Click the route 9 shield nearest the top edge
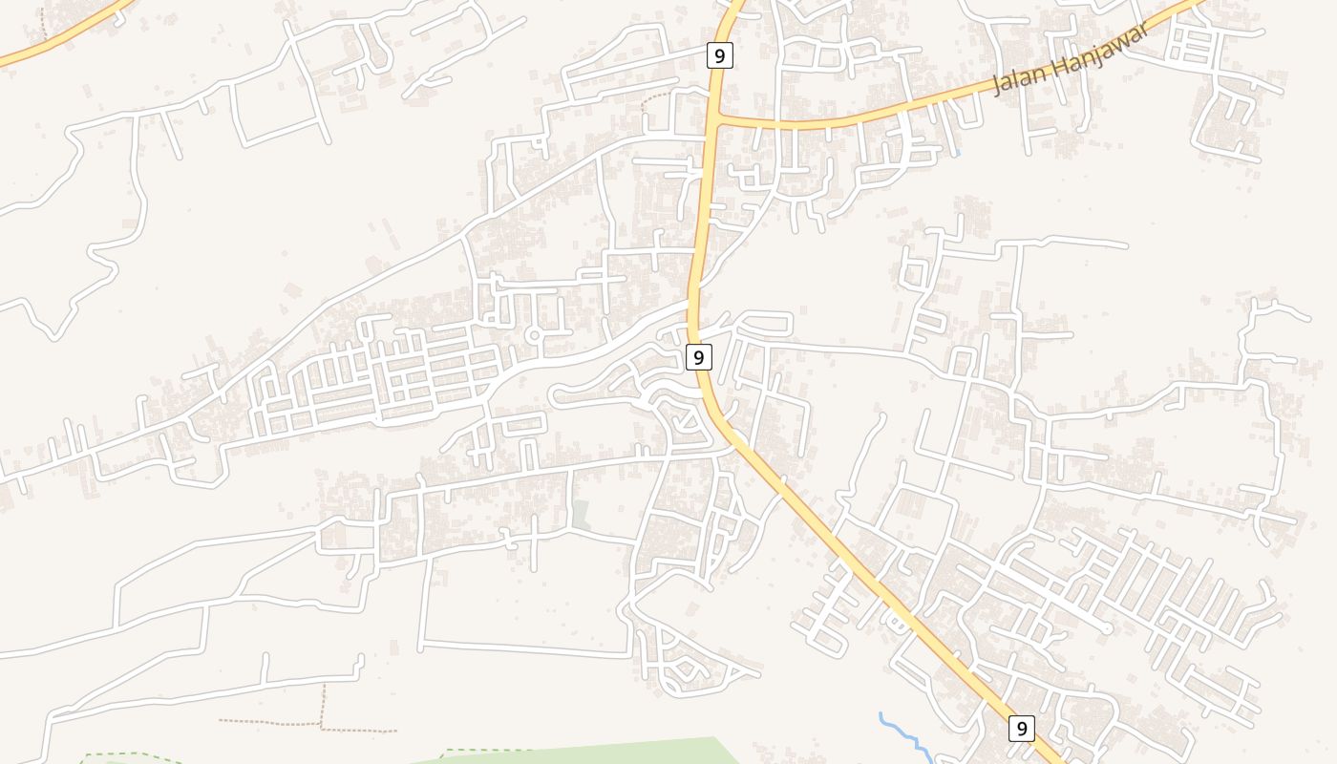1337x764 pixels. tap(719, 55)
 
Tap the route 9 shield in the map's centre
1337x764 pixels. tap(699, 357)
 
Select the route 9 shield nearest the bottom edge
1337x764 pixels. tap(1022, 729)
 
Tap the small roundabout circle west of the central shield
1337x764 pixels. tap(533, 336)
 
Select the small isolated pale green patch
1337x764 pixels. tap(580, 515)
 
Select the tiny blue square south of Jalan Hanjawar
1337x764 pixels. tap(956, 154)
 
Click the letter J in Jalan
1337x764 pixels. tap(999, 87)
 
